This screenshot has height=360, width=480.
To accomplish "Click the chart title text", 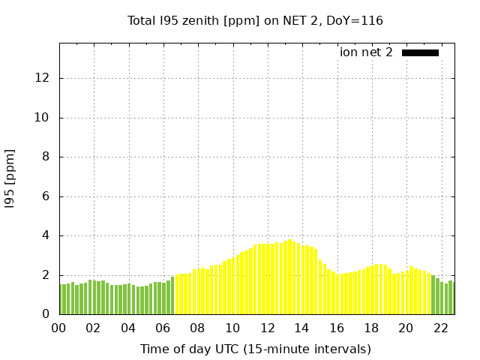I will tap(255, 20).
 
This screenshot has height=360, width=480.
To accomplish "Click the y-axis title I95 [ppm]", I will tap(10, 178).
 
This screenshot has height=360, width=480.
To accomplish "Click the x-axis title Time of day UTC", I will tap(255, 349).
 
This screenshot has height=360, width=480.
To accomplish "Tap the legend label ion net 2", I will tap(366, 52).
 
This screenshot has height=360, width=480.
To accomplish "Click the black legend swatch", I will tap(420, 52).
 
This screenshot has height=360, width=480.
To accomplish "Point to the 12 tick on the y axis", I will tap(43, 78).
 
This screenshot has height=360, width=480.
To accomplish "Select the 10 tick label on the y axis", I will tap(43, 118).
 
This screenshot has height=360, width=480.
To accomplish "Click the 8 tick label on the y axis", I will tap(46, 157).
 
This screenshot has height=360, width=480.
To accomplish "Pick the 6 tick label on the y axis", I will tap(46, 196).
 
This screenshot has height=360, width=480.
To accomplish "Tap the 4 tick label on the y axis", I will tap(46, 235).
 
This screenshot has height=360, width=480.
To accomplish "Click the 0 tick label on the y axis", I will tap(46, 314).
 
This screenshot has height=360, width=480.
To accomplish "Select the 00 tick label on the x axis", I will tap(58, 328).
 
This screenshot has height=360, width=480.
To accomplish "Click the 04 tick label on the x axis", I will tap(128, 328).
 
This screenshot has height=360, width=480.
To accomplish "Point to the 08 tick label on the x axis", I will tap(197, 328).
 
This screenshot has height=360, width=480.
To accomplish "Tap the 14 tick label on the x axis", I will tap(301, 328).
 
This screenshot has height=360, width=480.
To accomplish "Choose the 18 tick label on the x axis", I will tap(371, 328).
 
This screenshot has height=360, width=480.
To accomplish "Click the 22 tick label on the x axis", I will tap(440, 328).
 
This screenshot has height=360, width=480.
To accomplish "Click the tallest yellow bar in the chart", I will tap(290, 277).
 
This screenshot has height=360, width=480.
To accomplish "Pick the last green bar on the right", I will tap(451, 298).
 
